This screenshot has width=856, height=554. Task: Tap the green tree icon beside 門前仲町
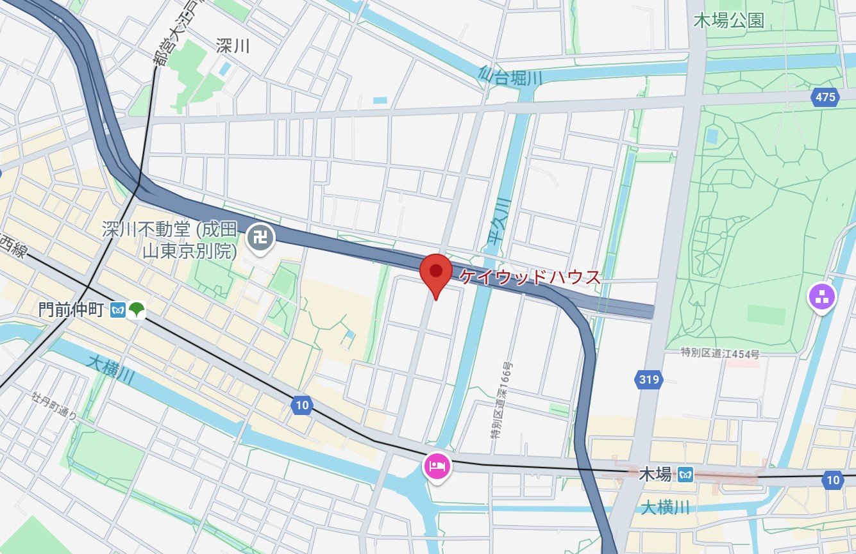(137, 311)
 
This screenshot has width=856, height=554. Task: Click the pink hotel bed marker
(437, 466)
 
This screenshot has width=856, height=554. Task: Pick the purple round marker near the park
(823, 297)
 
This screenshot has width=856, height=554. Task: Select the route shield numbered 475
(825, 97)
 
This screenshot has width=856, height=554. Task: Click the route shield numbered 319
(649, 380)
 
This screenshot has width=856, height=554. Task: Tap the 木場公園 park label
(729, 21)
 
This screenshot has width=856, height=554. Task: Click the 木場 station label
(655, 475)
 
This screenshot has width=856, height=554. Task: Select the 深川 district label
(233, 47)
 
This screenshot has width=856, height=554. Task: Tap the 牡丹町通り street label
(55, 406)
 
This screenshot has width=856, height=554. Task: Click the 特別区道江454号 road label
(721, 354)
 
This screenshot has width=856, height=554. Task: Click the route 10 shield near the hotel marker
(302, 405)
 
